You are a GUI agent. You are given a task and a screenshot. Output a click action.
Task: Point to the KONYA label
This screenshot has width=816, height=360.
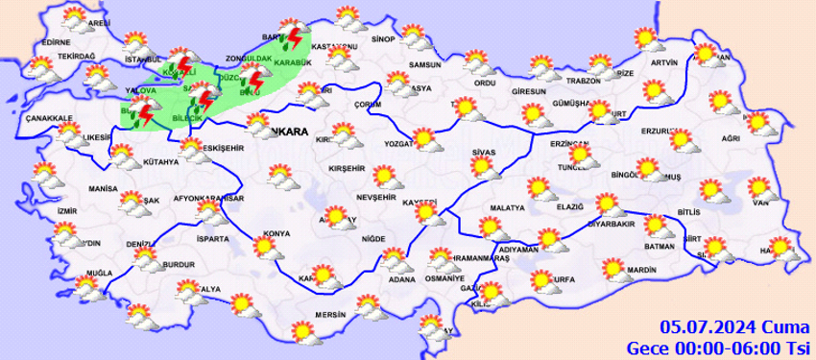click(276, 233)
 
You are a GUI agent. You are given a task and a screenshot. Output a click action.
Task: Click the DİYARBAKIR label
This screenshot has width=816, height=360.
click(612, 223)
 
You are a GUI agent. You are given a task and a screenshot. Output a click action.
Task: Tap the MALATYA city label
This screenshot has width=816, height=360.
click(507, 207)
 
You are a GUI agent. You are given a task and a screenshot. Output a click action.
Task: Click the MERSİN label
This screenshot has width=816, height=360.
click(329, 315)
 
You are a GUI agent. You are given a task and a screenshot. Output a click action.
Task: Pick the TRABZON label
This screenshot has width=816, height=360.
click(583, 81)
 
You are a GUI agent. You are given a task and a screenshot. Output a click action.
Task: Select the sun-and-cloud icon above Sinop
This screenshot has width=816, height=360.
click(348, 17)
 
